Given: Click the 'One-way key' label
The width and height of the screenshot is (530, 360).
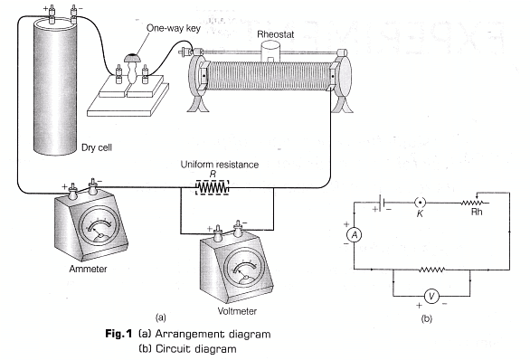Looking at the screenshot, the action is pyautogui.click(x=174, y=28).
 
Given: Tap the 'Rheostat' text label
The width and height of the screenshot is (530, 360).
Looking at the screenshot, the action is pyautogui.click(x=276, y=34).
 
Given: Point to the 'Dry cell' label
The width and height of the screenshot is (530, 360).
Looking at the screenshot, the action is pyautogui.click(x=97, y=147).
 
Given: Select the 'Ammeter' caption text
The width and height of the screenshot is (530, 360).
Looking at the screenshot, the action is pyautogui.click(x=88, y=269).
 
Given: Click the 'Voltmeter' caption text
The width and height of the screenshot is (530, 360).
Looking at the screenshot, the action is pyautogui.click(x=237, y=311).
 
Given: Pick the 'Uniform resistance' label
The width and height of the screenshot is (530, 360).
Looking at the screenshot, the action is pyautogui.click(x=220, y=165).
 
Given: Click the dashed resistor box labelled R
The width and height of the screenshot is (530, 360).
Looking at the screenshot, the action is pyautogui.click(x=213, y=187).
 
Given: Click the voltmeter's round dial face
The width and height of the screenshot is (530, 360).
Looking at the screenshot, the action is pyautogui.click(x=242, y=269).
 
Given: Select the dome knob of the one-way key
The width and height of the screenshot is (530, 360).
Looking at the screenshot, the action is pyautogui.click(x=132, y=58).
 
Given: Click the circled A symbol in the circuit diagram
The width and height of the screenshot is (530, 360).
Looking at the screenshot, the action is pyautogui.click(x=355, y=234).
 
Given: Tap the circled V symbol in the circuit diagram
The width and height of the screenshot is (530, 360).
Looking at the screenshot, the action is pyautogui.click(x=431, y=296).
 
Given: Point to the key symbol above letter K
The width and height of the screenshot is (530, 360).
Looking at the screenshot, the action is pyautogui.click(x=421, y=203).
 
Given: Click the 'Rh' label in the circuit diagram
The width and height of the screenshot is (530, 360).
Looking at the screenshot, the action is pyautogui.click(x=477, y=213).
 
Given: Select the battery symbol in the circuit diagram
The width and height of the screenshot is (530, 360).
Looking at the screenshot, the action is pyautogui.click(x=383, y=203).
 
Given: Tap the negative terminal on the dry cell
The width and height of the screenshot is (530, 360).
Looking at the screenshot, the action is pyautogui.click(x=73, y=14).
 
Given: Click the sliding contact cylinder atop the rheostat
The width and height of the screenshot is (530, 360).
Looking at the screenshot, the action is pyautogui.click(x=270, y=52).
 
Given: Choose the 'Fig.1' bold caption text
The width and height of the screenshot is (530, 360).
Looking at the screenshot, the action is pyautogui.click(x=118, y=334).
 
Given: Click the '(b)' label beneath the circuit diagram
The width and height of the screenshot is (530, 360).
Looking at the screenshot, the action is pyautogui.click(x=426, y=318).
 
